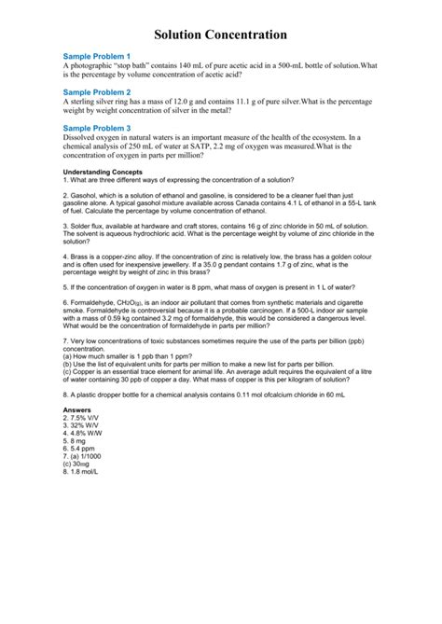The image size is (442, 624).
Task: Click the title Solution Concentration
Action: (220, 35)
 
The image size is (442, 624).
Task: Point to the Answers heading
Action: (76, 409)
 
